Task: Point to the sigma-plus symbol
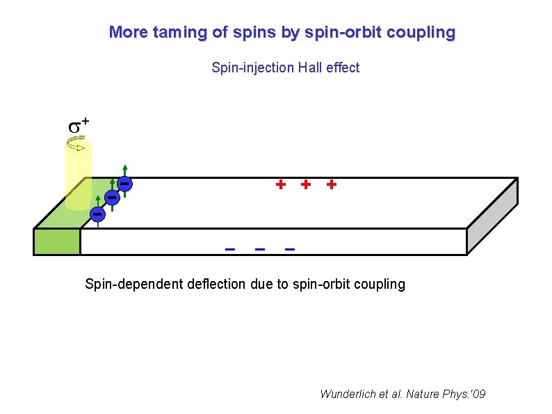pyautogui.click(x=77, y=126)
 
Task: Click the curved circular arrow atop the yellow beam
pyautogui.click(x=77, y=144)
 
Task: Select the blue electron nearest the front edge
pyautogui.click(x=98, y=212)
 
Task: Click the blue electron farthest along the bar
pyautogui.click(x=124, y=184)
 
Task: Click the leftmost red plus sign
pyautogui.click(x=280, y=184)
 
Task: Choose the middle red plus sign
pyautogui.click(x=305, y=184)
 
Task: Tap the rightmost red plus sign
pyautogui.click(x=331, y=184)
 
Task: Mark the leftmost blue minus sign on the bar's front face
pyautogui.click(x=229, y=248)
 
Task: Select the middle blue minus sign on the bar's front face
pyautogui.click(x=259, y=248)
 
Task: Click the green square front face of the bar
pyautogui.click(x=57, y=241)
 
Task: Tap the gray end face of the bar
pyautogui.click(x=492, y=216)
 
